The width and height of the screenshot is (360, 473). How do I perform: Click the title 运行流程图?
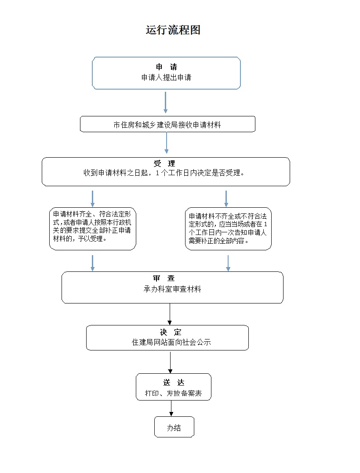[x=173, y=30]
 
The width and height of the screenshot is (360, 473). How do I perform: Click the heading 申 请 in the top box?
[x=166, y=67]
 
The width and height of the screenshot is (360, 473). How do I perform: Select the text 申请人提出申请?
[x=166, y=77]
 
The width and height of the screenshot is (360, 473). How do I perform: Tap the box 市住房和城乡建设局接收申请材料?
[x=167, y=124]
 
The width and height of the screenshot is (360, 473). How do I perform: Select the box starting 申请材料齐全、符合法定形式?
[x=92, y=229]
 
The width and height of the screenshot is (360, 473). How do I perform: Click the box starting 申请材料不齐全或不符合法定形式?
[x=228, y=229]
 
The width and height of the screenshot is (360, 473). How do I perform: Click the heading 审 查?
[x=164, y=278]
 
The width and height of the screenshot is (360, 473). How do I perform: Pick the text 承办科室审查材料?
[x=172, y=289]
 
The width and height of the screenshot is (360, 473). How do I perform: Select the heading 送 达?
[x=173, y=383]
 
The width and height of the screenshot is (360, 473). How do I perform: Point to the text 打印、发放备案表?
[x=173, y=394]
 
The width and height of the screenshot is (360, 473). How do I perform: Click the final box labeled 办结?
[x=174, y=427]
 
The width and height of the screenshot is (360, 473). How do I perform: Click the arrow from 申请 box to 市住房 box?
[x=166, y=103]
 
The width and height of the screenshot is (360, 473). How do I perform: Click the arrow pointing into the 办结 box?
[x=171, y=408]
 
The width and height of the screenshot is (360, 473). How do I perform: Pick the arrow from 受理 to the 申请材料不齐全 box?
[x=226, y=198]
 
